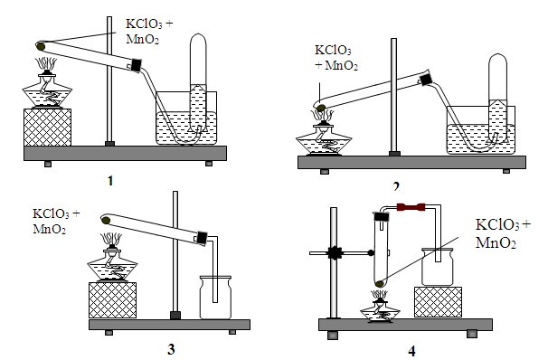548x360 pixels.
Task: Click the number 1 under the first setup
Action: click(x=110, y=181)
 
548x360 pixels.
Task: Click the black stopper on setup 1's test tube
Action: click(x=137, y=64)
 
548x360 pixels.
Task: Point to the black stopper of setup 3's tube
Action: click(x=200, y=238)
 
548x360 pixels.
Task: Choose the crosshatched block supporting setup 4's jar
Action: click(x=438, y=302)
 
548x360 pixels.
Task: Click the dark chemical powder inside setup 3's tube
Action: click(x=107, y=218)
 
